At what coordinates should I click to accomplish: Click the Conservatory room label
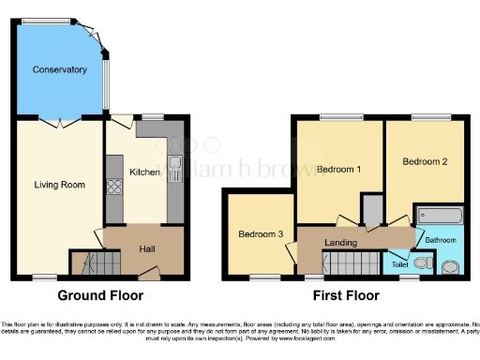(x=59, y=69)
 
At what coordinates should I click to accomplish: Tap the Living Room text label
(x=59, y=185)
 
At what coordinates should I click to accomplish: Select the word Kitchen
(x=144, y=172)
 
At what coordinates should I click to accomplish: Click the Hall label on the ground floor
(x=147, y=248)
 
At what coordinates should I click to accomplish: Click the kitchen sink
(x=175, y=170)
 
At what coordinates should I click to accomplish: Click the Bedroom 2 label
(x=425, y=161)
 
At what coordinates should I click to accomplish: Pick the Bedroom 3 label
(x=260, y=233)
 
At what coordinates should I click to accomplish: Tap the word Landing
(x=339, y=243)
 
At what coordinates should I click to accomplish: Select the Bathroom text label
(x=441, y=240)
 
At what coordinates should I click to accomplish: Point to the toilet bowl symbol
(x=424, y=264)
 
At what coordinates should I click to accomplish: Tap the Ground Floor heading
(x=100, y=295)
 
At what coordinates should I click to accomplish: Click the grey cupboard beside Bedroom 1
(x=373, y=212)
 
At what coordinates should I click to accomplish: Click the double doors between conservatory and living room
(x=59, y=123)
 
